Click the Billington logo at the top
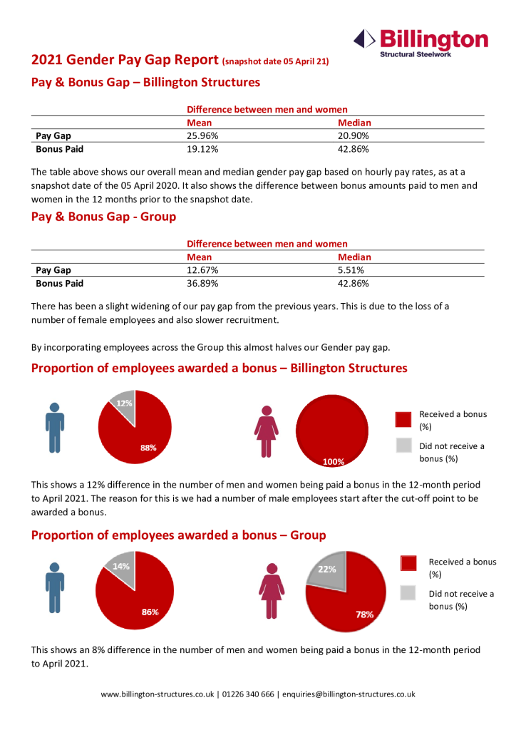pyautogui.click(x=421, y=42)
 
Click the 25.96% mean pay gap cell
pyautogui.click(x=202, y=136)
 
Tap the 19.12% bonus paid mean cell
pyautogui.click(x=202, y=149)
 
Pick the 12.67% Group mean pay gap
pyautogui.click(x=202, y=270)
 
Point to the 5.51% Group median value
pyautogui.click(x=351, y=270)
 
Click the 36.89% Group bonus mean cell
pyautogui.click(x=202, y=283)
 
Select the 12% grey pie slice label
pyautogui.click(x=125, y=403)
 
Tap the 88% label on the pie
pyautogui.click(x=148, y=448)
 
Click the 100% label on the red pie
pyautogui.click(x=334, y=461)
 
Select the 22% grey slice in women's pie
pyautogui.click(x=327, y=569)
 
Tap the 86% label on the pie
pyautogui.click(x=150, y=612)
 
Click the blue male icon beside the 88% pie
pyautogui.click(x=55, y=427)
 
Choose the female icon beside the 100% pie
pyautogui.click(x=267, y=431)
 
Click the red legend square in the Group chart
pyautogui.click(x=408, y=562)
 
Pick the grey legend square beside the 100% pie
pyautogui.click(x=404, y=446)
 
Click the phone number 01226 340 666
pyautogui.click(x=248, y=694)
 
